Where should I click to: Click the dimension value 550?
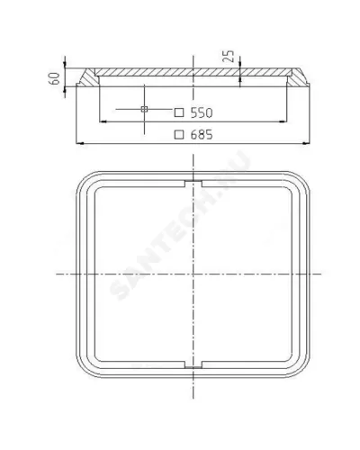click(x=202, y=112)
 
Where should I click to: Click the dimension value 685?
click(x=202, y=135)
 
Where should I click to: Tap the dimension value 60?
click(x=54, y=78)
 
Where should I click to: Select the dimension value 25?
click(x=229, y=56)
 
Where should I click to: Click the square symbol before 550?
click(x=179, y=112)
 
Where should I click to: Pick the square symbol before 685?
click(x=179, y=134)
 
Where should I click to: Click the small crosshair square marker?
click(x=144, y=109)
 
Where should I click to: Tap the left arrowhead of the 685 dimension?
click(x=80, y=144)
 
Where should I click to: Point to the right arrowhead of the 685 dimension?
click(x=306, y=144)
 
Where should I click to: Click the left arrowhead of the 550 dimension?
click(x=103, y=121)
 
